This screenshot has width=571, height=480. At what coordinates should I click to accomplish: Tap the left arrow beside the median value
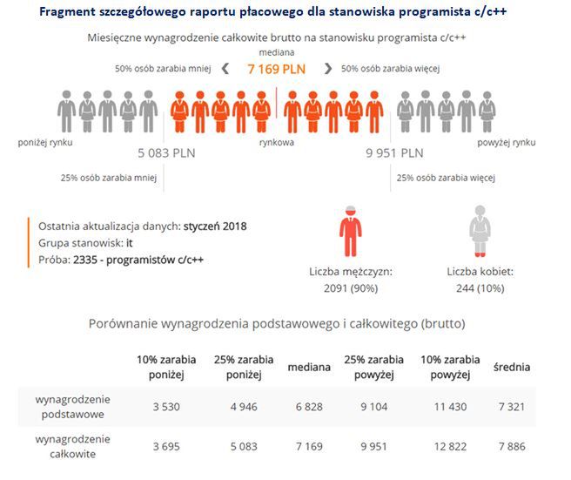[225, 69]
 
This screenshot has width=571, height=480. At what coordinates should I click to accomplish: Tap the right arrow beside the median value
[328, 69]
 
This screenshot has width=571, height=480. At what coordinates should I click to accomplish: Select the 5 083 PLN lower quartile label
[168, 153]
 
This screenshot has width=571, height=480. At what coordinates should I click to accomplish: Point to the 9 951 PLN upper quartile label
[394, 153]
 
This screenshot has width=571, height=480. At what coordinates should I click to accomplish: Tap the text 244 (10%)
[478, 287]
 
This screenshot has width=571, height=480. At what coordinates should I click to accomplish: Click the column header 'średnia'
[512, 367]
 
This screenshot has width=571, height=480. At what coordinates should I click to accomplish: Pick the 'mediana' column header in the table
[309, 367]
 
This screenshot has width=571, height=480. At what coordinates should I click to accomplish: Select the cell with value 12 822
[450, 446]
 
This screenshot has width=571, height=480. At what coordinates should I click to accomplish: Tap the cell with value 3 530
[167, 406]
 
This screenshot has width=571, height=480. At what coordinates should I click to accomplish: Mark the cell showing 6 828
[309, 406]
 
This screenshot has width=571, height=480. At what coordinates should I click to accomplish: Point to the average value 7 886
[512, 446]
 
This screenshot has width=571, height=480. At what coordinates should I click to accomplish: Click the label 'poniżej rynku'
[50, 140]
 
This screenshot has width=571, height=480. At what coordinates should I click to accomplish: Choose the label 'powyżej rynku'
[506, 140]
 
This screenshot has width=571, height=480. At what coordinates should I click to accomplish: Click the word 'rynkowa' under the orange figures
[277, 140]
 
